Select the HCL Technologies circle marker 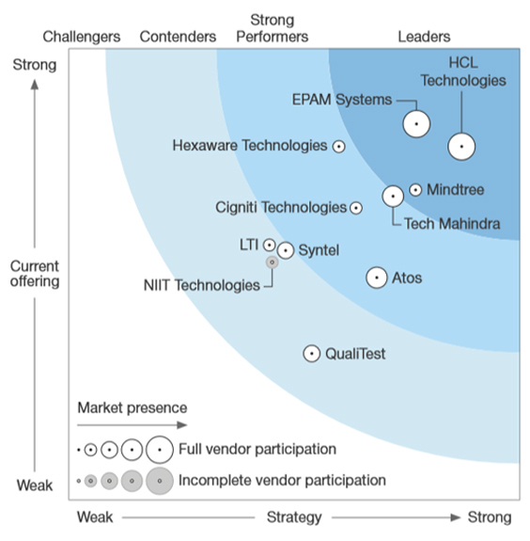[461, 147]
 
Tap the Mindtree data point [415, 190]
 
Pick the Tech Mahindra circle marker [393, 196]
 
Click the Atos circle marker [376, 278]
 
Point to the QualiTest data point [312, 354]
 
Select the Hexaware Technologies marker [339, 146]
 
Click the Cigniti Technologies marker [356, 208]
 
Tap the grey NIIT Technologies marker [273, 263]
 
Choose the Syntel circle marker [286, 250]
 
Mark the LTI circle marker [270, 245]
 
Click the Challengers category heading [82, 37]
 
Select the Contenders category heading [178, 37]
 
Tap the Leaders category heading [424, 37]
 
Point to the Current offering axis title [35, 273]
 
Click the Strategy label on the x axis [295, 517]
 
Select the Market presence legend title [132, 407]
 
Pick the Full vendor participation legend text [257, 450]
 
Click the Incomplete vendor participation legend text [282, 480]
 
